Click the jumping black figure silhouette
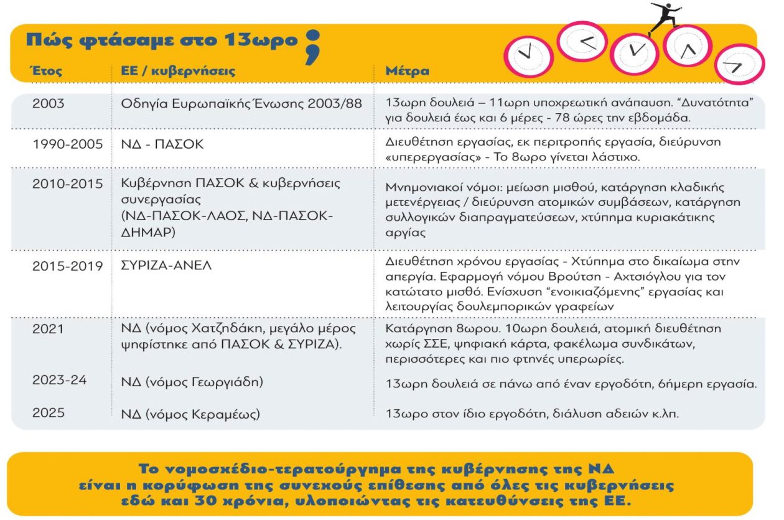(x=663, y=16)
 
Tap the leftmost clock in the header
(x=527, y=55)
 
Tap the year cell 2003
(x=48, y=103)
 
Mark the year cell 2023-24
(x=59, y=380)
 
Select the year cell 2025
(x=48, y=413)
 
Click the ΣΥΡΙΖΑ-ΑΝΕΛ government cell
(x=166, y=266)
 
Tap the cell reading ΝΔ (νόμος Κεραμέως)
(x=190, y=414)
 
